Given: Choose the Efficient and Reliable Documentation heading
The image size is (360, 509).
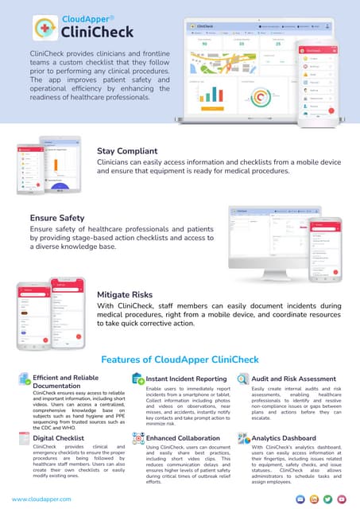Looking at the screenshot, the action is click(68, 380).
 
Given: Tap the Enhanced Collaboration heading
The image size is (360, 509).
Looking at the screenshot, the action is click(184, 437).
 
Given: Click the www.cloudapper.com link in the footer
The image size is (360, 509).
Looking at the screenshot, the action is click(41, 499).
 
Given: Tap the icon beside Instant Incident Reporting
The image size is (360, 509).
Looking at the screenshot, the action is click(137, 379).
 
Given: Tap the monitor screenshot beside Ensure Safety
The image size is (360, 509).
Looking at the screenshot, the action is click(280, 239).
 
